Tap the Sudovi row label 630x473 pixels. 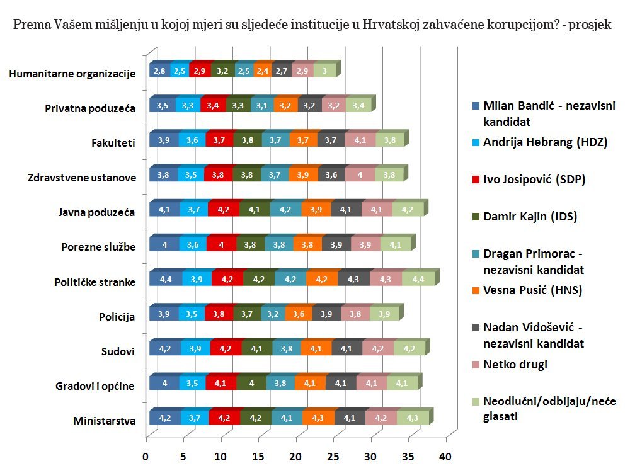click(x=118, y=351)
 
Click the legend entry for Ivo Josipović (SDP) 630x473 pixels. click(x=534, y=179)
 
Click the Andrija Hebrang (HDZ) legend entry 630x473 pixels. click(x=544, y=142)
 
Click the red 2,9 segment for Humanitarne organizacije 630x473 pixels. click(x=201, y=71)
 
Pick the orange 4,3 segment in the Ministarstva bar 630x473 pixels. click(x=319, y=418)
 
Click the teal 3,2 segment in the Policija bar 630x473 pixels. click(x=273, y=314)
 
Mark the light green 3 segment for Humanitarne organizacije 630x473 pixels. click(x=324, y=71)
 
